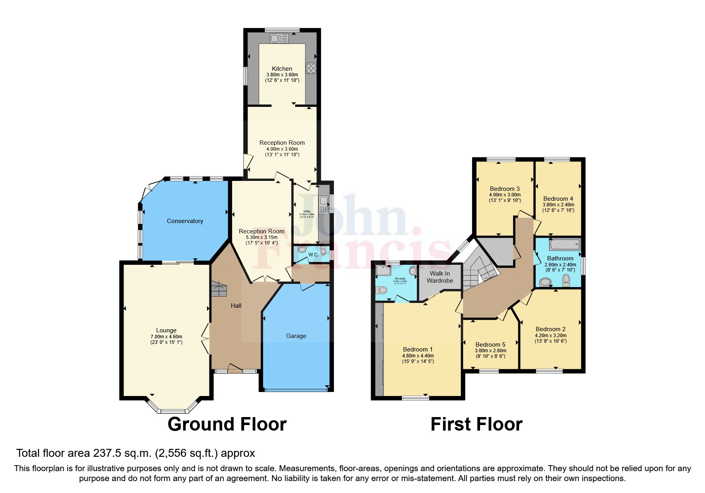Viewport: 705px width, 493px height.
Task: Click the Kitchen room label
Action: pyautogui.click(x=282, y=69)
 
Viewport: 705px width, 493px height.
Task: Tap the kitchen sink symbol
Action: pyautogui.click(x=279, y=38)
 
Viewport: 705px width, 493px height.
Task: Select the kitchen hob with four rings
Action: pyautogui.click(x=311, y=68)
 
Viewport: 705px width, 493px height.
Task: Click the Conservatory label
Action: pyautogui.click(x=185, y=221)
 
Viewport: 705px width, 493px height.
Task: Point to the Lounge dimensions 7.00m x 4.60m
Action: pyautogui.click(x=166, y=337)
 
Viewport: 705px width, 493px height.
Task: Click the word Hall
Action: pyautogui.click(x=236, y=306)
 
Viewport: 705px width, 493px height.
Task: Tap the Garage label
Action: pyautogui.click(x=296, y=336)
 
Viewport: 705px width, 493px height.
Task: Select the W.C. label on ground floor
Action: pyautogui.click(x=313, y=255)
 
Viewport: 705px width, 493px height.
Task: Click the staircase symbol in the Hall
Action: pyautogui.click(x=219, y=289)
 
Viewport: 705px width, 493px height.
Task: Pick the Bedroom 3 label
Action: pyautogui.click(x=504, y=189)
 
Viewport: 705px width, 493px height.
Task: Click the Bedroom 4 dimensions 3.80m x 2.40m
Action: pyautogui.click(x=558, y=205)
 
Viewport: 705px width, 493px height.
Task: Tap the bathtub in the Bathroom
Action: pyautogui.click(x=564, y=244)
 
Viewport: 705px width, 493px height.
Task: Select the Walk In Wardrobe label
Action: pyautogui.click(x=440, y=277)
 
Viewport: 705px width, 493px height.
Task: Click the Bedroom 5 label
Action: pyautogui.click(x=490, y=345)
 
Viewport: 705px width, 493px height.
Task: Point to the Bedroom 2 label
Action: pyautogui.click(x=550, y=329)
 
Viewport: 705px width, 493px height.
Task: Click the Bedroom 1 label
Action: pyautogui.click(x=418, y=349)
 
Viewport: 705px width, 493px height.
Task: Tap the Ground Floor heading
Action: pyautogui.click(x=227, y=424)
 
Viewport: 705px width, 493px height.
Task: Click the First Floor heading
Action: pyautogui.click(x=476, y=424)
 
